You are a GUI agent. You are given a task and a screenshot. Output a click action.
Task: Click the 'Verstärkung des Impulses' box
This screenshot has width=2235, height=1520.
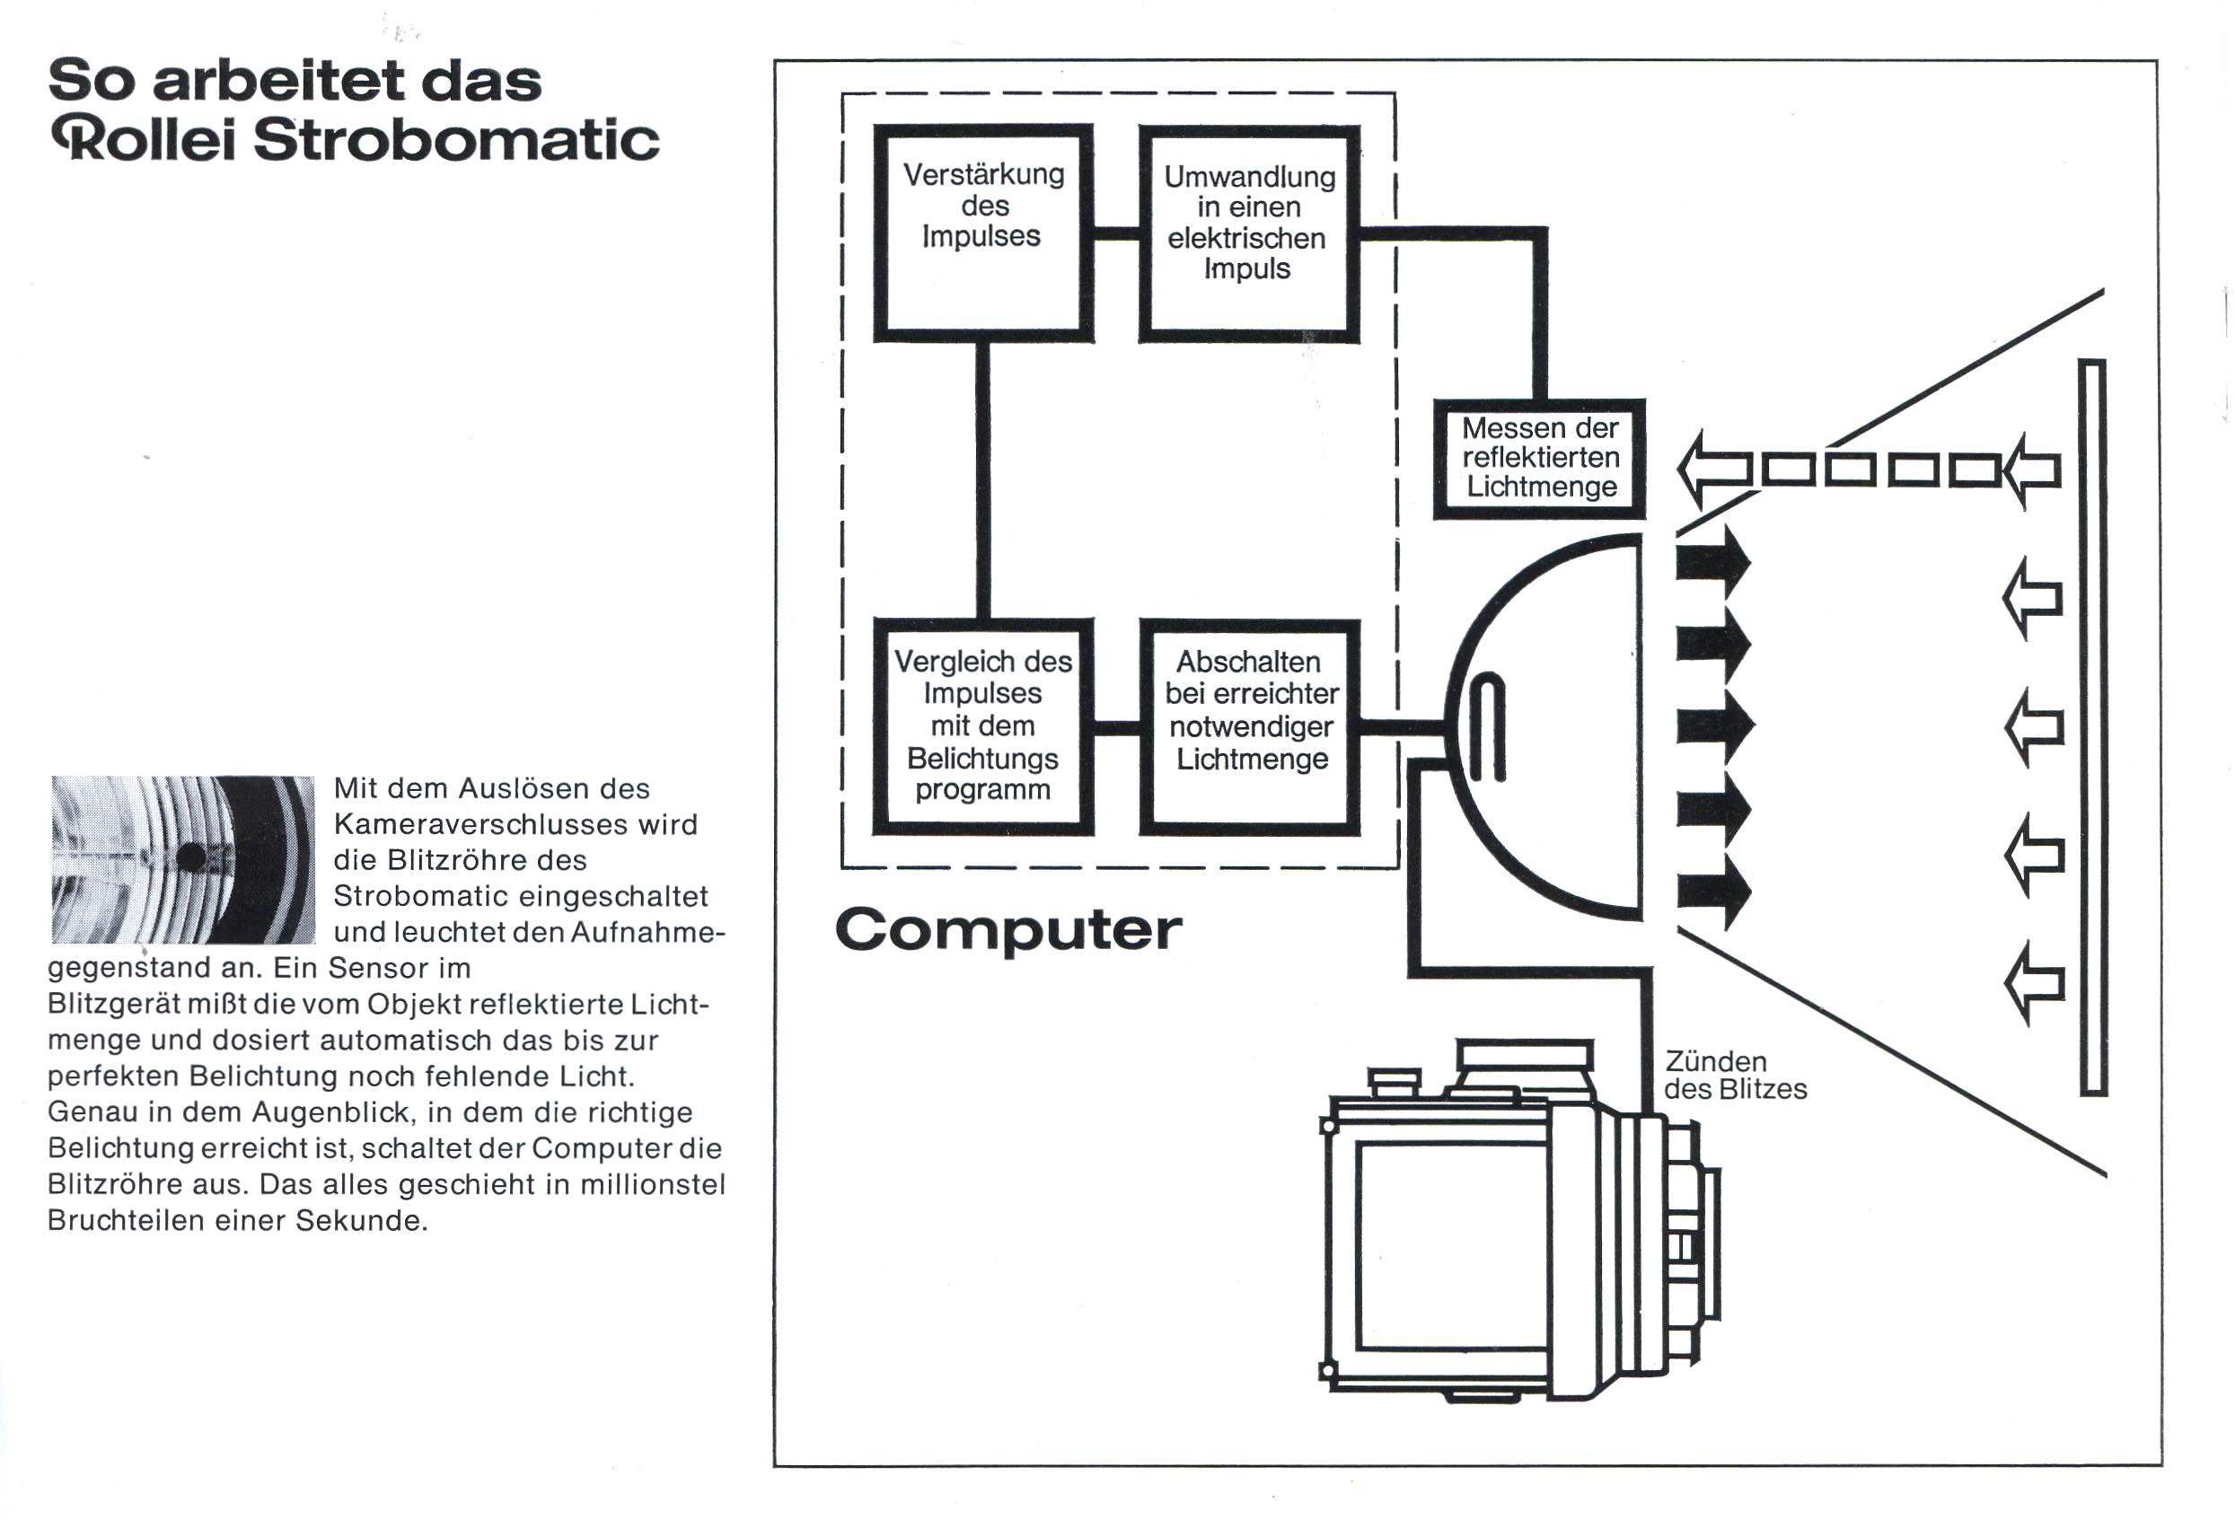point(983,233)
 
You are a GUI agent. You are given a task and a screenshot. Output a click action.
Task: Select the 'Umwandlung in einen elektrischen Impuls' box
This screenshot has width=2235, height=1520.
point(1249,233)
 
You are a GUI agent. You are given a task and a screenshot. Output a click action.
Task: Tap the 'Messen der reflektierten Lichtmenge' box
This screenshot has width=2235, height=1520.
point(1539,459)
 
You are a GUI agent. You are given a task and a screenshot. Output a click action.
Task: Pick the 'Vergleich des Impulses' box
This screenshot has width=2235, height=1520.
point(983,725)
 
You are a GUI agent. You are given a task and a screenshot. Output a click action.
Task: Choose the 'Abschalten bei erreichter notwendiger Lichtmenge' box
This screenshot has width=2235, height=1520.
point(1249,725)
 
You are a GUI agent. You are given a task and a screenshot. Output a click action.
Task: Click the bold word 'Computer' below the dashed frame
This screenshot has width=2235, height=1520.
point(1008,930)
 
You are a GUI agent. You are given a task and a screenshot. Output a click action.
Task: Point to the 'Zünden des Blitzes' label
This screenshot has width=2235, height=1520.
point(1735,1075)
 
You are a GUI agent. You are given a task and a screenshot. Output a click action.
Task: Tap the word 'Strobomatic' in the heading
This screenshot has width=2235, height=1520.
point(457,140)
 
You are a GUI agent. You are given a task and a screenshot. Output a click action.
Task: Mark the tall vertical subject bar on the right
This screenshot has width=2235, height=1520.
point(2092,728)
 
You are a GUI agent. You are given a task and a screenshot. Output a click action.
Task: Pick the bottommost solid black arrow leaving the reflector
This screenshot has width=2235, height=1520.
point(1712,892)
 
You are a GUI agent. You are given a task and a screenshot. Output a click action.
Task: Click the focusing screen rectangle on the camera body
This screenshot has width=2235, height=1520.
point(1452,1246)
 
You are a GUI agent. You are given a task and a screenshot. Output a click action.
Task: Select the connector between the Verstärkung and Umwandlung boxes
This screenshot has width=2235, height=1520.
point(1116,233)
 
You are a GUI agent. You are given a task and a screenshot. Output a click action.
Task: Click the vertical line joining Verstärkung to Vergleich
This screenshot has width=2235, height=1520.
point(983,479)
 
